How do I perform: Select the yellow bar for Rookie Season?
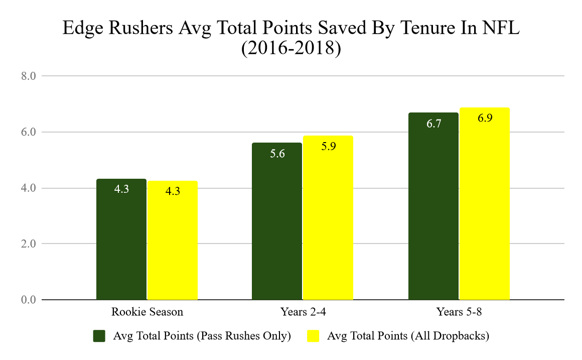pos(173,241)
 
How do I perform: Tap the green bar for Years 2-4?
pos(277,221)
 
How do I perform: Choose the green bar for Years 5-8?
pos(433,206)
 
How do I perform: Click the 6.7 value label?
pos(433,124)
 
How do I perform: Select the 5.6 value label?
pos(277,154)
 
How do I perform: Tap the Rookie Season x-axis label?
pos(147,312)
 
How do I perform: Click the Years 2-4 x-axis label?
pos(303,312)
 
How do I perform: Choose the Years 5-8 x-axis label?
pos(459,312)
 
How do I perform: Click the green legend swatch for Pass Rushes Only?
pos(100,336)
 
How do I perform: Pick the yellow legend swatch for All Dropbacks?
pos(313,336)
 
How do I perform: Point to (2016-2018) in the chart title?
pos(291,50)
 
